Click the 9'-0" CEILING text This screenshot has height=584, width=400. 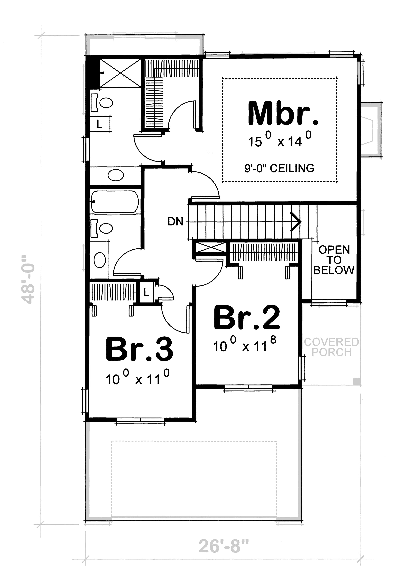[279, 168]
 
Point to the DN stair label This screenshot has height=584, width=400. [175, 222]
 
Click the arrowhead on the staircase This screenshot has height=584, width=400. [297, 222]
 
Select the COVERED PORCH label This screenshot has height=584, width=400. [331, 347]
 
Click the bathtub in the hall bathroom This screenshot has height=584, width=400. [115, 202]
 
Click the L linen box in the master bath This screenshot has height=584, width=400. [100, 124]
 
